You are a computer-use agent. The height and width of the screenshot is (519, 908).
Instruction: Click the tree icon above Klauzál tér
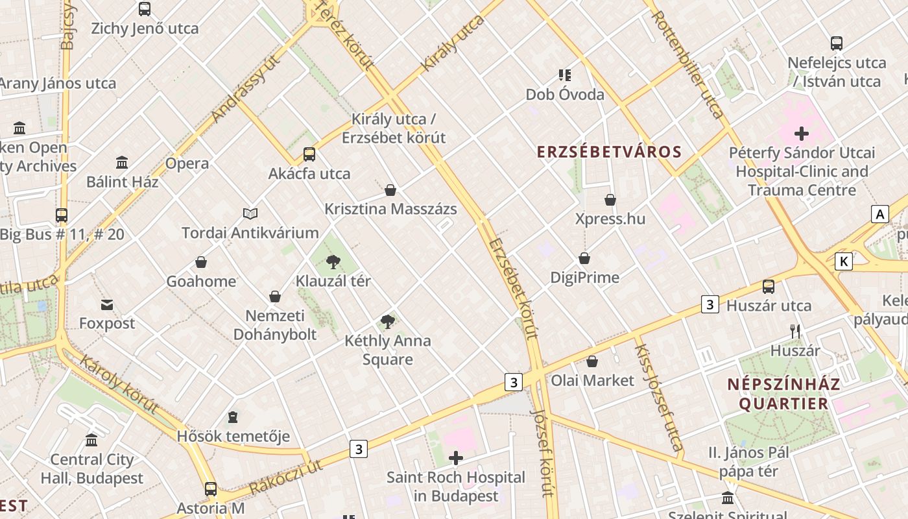(333, 262)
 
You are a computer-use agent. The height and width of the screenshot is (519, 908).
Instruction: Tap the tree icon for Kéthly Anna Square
(388, 321)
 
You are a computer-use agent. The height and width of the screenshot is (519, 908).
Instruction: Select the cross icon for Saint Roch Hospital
(456, 459)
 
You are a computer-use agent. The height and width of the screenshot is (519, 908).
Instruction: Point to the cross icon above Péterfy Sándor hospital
(802, 134)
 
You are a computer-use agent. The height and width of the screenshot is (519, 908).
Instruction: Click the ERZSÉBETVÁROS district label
(609, 152)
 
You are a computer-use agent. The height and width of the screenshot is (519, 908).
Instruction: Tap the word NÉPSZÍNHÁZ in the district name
(783, 384)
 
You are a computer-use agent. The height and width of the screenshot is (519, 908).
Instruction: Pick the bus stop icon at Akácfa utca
(309, 154)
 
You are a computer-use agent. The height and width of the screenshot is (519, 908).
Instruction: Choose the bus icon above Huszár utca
(769, 286)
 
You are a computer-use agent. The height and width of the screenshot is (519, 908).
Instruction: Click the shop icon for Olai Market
(592, 361)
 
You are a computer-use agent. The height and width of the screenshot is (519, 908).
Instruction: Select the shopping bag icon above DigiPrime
(584, 258)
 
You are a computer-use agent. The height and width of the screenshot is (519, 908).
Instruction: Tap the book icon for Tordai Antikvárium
(250, 213)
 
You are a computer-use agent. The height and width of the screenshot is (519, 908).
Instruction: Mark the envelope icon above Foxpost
(107, 304)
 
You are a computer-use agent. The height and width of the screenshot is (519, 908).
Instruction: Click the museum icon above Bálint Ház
(122, 162)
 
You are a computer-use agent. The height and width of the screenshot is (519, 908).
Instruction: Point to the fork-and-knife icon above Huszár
(795, 332)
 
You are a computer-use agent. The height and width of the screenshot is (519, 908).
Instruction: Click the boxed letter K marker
(843, 261)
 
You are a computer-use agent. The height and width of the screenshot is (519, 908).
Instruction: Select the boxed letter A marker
(879, 214)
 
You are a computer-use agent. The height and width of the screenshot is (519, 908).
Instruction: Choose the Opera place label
(187, 163)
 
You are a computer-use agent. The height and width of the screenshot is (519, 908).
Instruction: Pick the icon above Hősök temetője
(233, 416)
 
